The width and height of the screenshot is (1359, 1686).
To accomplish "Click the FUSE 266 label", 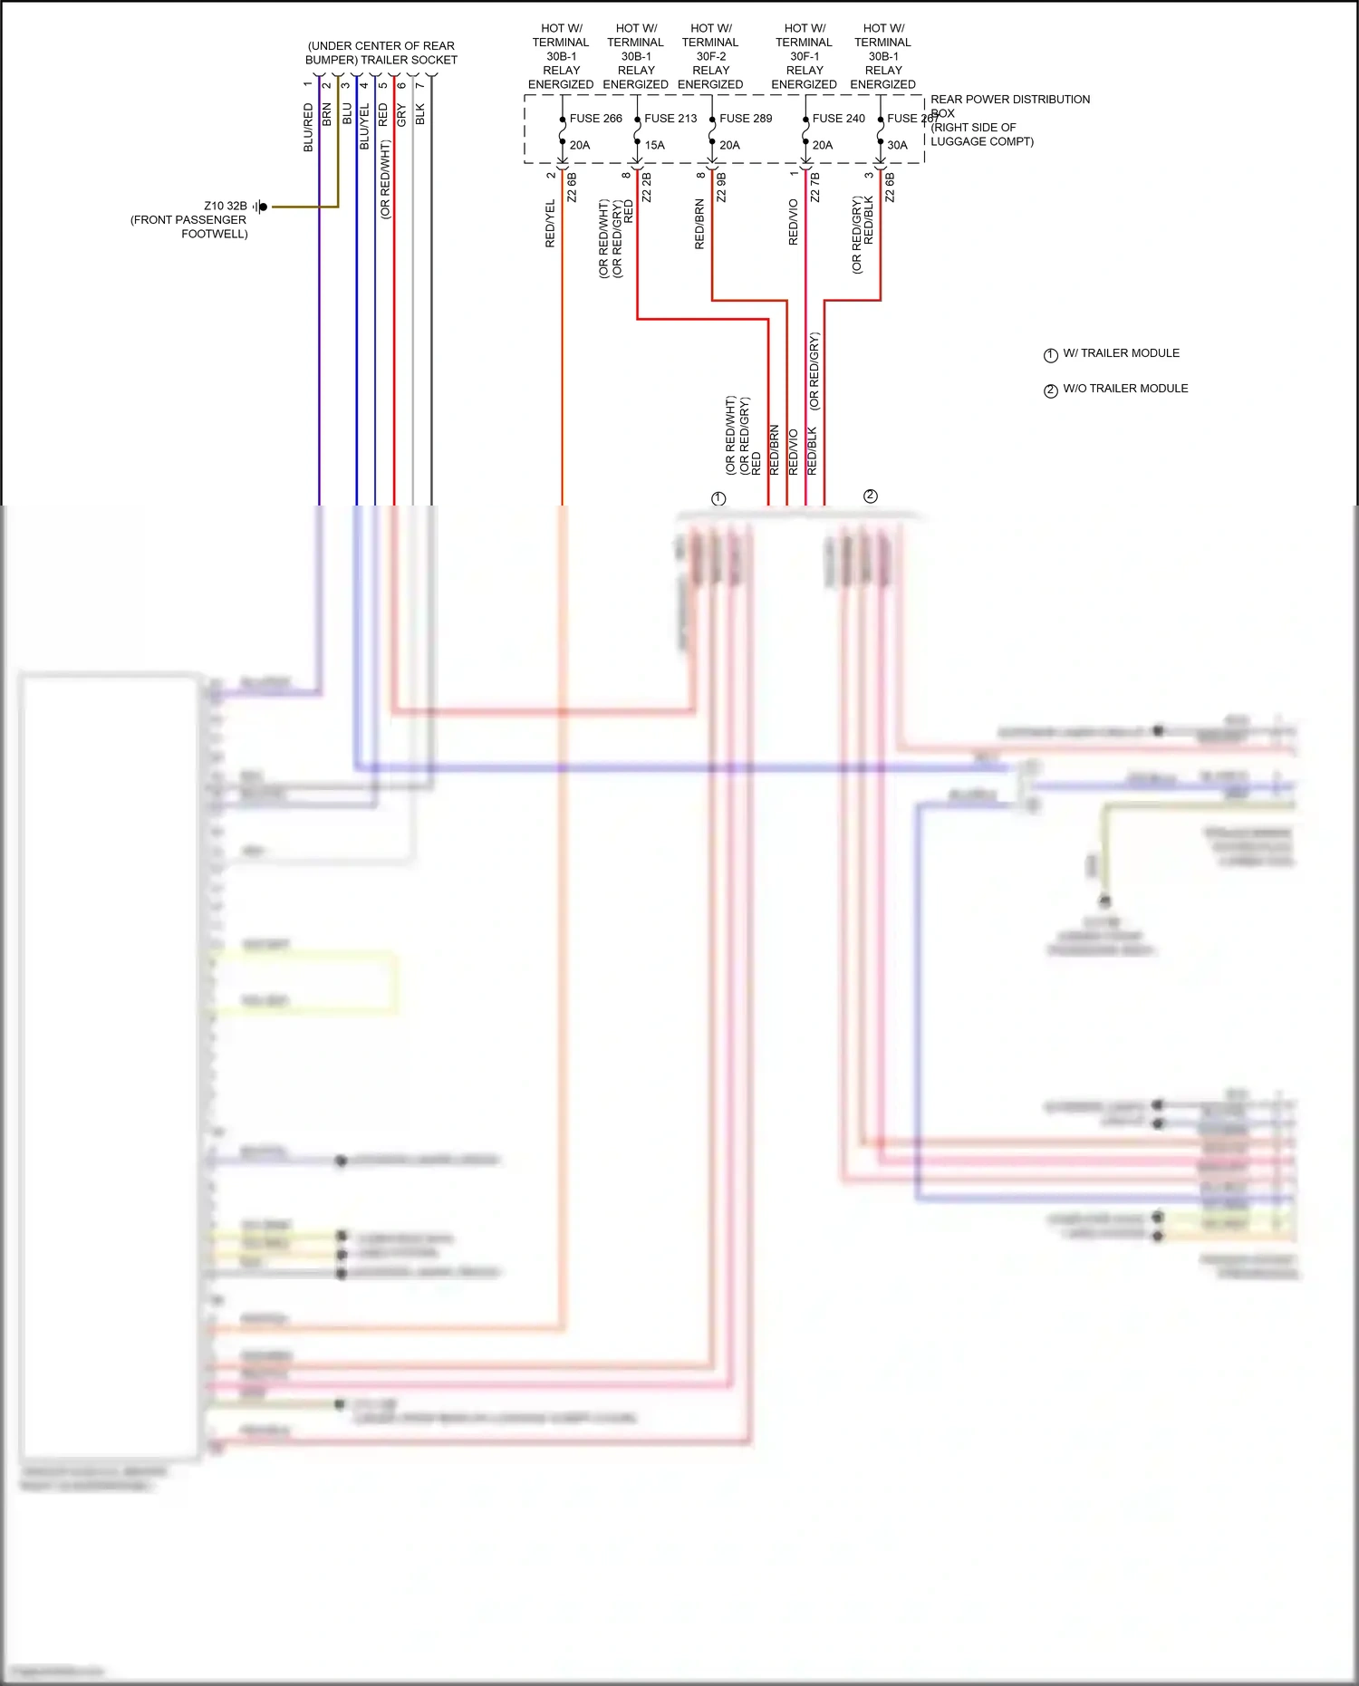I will (x=595, y=119).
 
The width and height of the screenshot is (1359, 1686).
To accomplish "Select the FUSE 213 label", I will (x=670, y=119).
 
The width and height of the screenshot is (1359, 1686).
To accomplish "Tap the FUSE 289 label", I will (x=746, y=119).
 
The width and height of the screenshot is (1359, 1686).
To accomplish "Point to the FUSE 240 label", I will (x=838, y=119).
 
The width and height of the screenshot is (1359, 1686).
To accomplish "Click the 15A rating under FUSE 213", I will (x=654, y=145).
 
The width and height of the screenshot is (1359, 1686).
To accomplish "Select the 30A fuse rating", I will (x=897, y=145).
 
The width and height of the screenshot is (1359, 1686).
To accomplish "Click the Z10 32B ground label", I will (x=225, y=206).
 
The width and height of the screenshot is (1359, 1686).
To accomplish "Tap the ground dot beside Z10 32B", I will (x=263, y=207).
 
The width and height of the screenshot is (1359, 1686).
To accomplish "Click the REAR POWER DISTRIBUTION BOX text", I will (x=1009, y=100).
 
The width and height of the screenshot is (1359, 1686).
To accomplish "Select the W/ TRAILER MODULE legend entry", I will (x=1121, y=353).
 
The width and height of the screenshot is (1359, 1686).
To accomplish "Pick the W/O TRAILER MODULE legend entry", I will (x=1124, y=389).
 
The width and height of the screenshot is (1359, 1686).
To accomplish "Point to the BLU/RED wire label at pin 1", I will (x=308, y=128).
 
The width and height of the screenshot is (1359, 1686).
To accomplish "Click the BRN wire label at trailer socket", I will (x=327, y=115).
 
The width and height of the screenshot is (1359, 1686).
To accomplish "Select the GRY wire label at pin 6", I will (x=401, y=115).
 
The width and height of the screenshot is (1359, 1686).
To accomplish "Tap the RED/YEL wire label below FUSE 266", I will (x=550, y=224).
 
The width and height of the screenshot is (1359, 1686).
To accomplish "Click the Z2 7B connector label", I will (x=814, y=187).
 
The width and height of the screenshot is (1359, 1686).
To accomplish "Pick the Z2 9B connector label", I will (x=721, y=187).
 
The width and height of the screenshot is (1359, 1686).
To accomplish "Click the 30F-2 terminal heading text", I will (x=710, y=56).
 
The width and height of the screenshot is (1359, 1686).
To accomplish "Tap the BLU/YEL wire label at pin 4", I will (x=364, y=127).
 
